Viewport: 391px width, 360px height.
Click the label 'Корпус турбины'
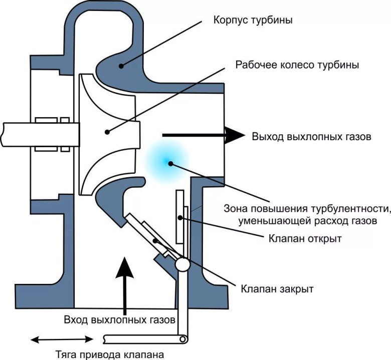[253, 21]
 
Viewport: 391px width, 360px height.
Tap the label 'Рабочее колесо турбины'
[289, 65]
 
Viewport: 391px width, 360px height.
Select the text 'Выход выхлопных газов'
[311, 137]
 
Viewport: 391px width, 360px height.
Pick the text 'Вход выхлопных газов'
[120, 319]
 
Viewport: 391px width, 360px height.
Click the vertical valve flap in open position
[181, 220]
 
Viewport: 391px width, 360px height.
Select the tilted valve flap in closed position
[150, 235]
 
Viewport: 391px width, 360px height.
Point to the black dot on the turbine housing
[120, 65]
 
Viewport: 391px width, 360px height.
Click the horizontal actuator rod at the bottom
[143, 339]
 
